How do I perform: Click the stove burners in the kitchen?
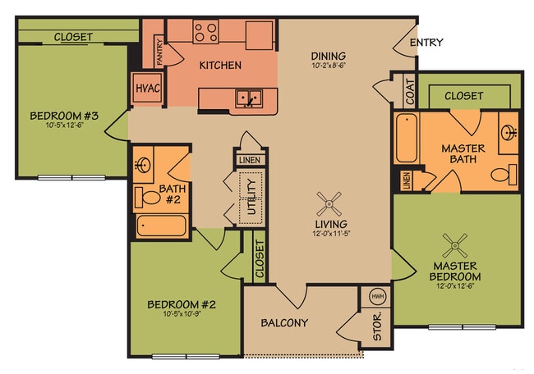206,32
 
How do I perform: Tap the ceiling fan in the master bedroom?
455,243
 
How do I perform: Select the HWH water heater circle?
378,297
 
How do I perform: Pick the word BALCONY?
284,322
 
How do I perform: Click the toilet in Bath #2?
149,198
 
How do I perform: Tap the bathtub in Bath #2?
161,226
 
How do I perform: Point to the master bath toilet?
504,175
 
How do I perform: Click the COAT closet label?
410,91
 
